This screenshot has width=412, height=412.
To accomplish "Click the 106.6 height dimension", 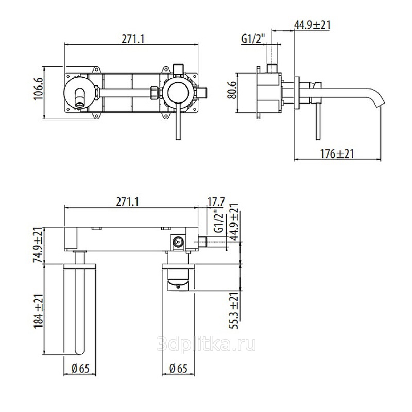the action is [x=38, y=88].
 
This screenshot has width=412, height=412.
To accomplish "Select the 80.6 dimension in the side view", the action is [x=232, y=90].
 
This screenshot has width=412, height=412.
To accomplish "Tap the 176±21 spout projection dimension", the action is [x=337, y=153].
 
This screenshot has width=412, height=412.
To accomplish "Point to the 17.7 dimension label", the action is [x=216, y=202].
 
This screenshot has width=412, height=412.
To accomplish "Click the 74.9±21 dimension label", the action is [x=38, y=245].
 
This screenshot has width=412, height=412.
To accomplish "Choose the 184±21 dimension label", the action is [x=38, y=311].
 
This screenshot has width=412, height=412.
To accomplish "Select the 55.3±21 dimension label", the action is [x=235, y=311].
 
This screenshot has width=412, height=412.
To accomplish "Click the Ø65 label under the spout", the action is [x=80, y=368].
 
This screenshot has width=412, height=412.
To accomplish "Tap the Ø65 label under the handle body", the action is [x=178, y=368].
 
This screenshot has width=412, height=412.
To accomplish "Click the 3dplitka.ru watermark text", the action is [x=206, y=344].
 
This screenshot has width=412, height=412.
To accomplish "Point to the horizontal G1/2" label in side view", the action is [x=252, y=40].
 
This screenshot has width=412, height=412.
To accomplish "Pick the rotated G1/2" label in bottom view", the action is [x=219, y=221].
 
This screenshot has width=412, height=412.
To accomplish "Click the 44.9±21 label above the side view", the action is [x=312, y=25].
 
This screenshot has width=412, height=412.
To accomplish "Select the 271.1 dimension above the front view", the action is [x=133, y=40].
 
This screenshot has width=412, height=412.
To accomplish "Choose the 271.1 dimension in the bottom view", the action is [x=127, y=202].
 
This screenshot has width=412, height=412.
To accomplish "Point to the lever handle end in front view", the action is [x=178, y=137].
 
